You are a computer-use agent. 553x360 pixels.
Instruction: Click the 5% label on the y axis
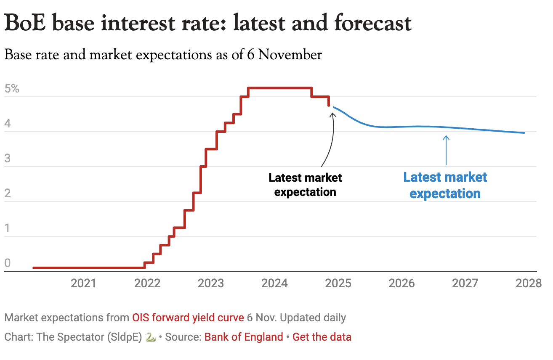tap(12, 89)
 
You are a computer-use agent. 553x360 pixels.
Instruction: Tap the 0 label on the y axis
tap(7, 263)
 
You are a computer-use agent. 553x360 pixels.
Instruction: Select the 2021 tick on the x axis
tap(83, 283)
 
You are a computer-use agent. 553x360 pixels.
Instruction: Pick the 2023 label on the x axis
tap(211, 283)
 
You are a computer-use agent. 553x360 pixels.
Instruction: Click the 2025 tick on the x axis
tap(338, 283)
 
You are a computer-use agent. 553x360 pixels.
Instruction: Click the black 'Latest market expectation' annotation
tap(305, 185)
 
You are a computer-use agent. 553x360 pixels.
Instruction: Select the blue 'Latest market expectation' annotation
tap(445, 185)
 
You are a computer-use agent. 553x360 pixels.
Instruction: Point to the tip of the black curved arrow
tap(332, 111)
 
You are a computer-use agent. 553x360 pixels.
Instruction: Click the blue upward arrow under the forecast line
tap(446, 149)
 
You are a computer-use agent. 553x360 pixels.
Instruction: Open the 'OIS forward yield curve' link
tap(188, 318)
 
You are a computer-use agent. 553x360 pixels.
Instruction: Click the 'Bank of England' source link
tap(244, 337)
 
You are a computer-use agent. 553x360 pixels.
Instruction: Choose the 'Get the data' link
tap(322, 337)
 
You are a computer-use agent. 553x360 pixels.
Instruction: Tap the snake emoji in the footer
tap(150, 337)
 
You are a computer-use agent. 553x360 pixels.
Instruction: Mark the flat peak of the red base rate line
tap(280, 88)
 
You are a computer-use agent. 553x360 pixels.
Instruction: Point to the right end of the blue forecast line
tap(524, 133)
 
